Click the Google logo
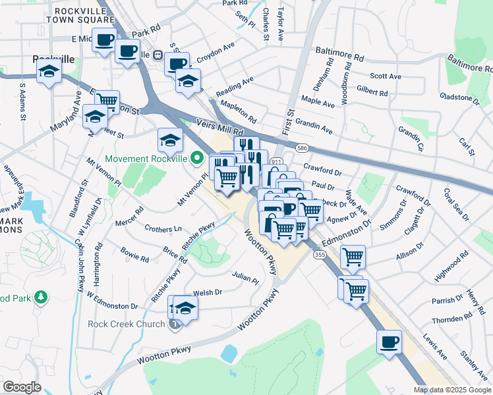(22, 387)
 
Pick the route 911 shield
(277, 161)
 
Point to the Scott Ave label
(386, 76)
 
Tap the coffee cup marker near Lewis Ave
(389, 342)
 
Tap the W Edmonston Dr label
(111, 306)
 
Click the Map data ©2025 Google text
(451, 390)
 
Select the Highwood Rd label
(451, 264)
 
